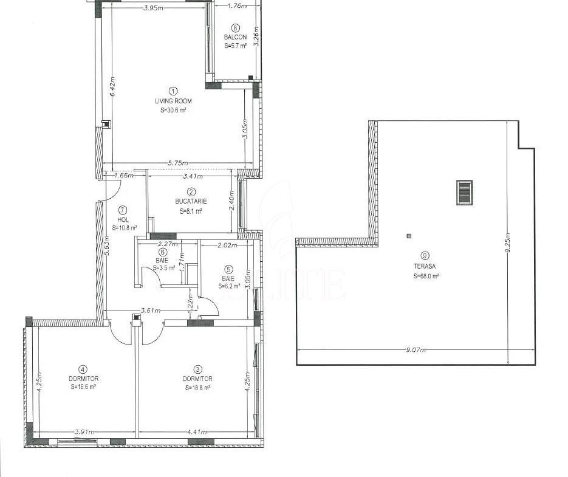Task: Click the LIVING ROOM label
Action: tap(173, 101)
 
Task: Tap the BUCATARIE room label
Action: tap(191, 201)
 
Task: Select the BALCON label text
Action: tap(236, 37)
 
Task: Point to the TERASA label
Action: tap(425, 266)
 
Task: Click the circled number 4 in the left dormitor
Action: tap(84, 369)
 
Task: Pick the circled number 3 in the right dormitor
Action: tap(197, 369)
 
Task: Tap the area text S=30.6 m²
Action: tap(173, 110)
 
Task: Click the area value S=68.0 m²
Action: tap(426, 276)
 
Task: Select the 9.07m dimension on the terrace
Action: tap(416, 350)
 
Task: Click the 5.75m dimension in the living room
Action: tap(178, 163)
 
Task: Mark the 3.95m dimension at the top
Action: tap(153, 8)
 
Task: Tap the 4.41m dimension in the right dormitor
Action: tap(196, 431)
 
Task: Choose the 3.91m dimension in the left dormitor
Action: tap(84, 431)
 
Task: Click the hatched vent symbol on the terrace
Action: tap(464, 193)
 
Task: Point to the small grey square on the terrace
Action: tap(409, 236)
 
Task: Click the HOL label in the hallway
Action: tap(123, 219)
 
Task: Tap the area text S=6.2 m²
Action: tap(229, 286)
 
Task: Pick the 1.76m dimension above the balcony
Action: tap(238, 6)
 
